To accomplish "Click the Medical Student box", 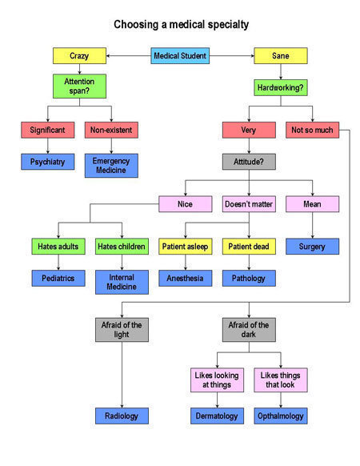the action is (180, 55).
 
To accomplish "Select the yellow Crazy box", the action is (79, 55).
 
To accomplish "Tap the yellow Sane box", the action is (281, 55).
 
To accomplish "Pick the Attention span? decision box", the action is (79, 86).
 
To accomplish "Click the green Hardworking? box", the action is (281, 87).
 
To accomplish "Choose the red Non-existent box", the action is (111, 130).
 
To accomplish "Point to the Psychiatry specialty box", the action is (47, 162).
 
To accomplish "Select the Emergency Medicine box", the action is (111, 166).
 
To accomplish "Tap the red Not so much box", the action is (313, 130).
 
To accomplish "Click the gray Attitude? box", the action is (249, 162).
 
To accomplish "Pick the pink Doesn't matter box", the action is (249, 204).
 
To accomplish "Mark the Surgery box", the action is (313, 247).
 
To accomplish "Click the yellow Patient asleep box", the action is (186, 247).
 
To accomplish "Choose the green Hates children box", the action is (122, 247).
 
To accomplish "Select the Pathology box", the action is (249, 278).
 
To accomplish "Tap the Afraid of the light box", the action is (122, 330).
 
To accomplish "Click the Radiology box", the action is (122, 416).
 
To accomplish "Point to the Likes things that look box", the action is (281, 380).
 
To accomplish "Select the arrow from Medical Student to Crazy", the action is (128, 55).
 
